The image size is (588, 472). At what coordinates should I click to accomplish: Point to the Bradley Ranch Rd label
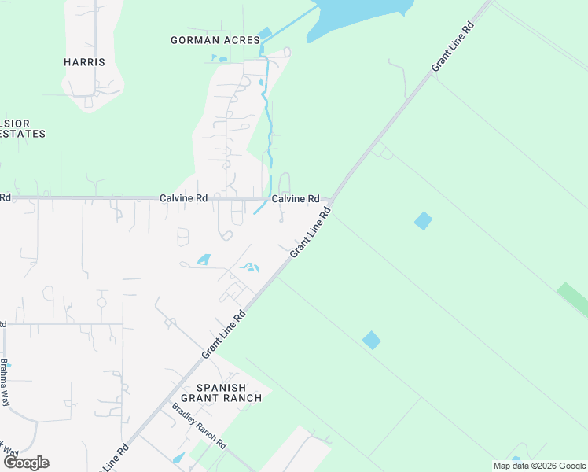[x=198, y=426]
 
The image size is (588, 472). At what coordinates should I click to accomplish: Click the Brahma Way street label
[x=5, y=382]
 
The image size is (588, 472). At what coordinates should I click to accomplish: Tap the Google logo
[x=26, y=463]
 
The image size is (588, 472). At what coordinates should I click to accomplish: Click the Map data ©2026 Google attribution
[x=539, y=466]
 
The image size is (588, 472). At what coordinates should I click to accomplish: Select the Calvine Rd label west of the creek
[x=183, y=199]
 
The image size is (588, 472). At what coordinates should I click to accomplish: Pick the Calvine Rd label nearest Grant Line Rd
[x=296, y=199]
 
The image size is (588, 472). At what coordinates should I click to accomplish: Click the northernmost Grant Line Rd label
[x=454, y=48]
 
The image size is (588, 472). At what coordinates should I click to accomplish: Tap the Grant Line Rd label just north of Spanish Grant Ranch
[x=224, y=335]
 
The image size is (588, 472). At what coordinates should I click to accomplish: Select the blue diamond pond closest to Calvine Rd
[x=423, y=221]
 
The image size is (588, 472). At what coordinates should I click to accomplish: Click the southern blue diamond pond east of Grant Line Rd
[x=371, y=341]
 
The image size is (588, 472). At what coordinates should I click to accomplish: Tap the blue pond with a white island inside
[x=250, y=267]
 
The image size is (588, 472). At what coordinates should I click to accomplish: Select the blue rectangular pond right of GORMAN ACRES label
[x=264, y=33]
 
